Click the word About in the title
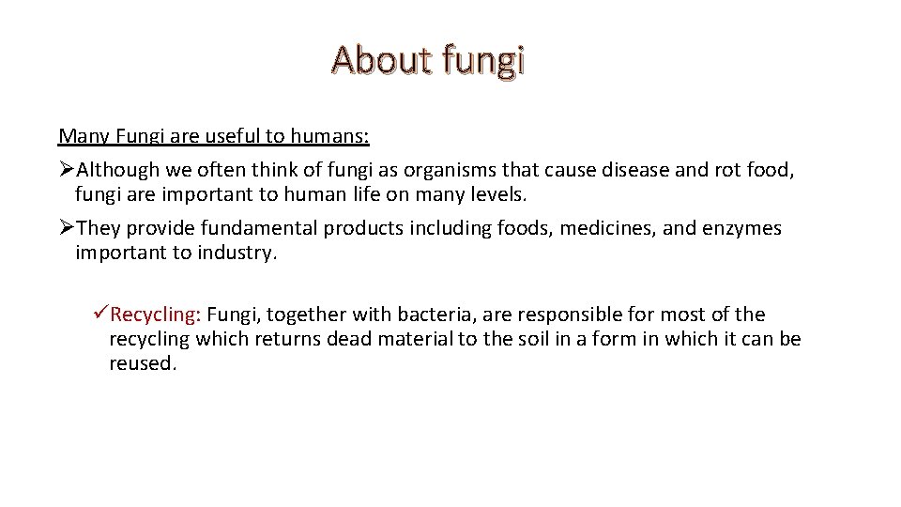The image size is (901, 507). tap(374, 60)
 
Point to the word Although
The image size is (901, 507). tap(119, 170)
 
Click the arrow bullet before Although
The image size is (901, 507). tap(66, 170)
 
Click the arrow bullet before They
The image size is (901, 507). tap(66, 229)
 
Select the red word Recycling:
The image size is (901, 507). tap(156, 315)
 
